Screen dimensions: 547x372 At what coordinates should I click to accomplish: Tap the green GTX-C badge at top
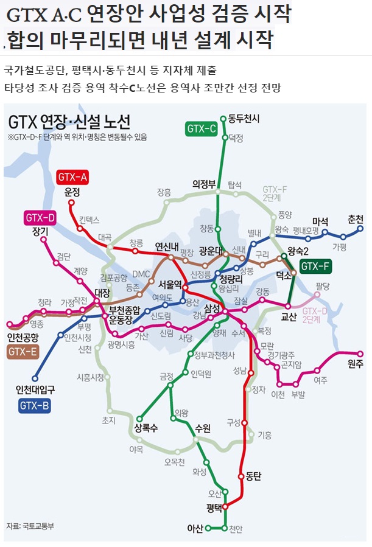201,128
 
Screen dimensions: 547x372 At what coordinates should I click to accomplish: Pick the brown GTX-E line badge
23,351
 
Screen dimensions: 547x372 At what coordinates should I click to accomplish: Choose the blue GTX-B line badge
35,405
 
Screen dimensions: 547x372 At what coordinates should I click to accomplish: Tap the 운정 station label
72,192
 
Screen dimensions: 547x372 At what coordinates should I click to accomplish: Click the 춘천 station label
355,219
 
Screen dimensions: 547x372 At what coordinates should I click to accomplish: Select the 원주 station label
355,364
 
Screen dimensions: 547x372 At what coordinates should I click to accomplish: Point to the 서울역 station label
170,284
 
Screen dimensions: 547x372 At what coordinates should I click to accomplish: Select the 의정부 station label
205,183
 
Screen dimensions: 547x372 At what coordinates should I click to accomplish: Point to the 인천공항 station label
23,336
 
